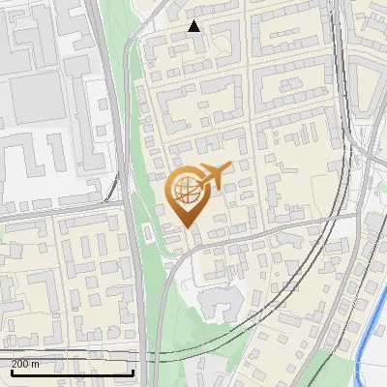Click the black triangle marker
[x=194, y=26]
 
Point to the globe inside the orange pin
[x=186, y=188]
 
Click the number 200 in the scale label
[x=19, y=364]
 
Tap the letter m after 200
[x=37, y=364]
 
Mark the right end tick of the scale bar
[x=133, y=372]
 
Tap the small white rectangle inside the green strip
[x=147, y=232]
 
